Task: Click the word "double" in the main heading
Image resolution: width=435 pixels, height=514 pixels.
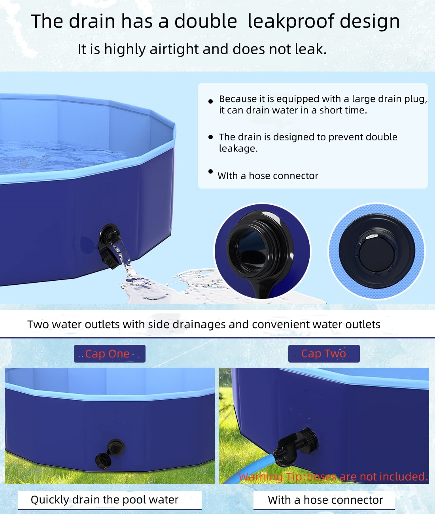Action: point(205,21)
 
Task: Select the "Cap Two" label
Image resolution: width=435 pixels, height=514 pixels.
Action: point(323,353)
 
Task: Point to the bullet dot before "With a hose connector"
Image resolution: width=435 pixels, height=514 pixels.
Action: point(211,171)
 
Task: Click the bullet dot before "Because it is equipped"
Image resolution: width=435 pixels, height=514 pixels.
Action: point(211,101)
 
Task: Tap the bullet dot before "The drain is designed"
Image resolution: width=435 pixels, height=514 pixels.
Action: point(211,137)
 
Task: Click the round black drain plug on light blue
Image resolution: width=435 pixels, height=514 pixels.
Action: point(377,251)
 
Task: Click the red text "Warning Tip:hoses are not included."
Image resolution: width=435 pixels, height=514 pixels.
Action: point(333,477)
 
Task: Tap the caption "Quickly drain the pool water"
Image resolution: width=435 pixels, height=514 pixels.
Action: point(104,500)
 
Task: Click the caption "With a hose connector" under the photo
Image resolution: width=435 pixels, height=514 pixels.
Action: point(325,500)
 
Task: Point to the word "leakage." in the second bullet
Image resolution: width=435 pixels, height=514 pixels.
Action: point(238,148)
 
